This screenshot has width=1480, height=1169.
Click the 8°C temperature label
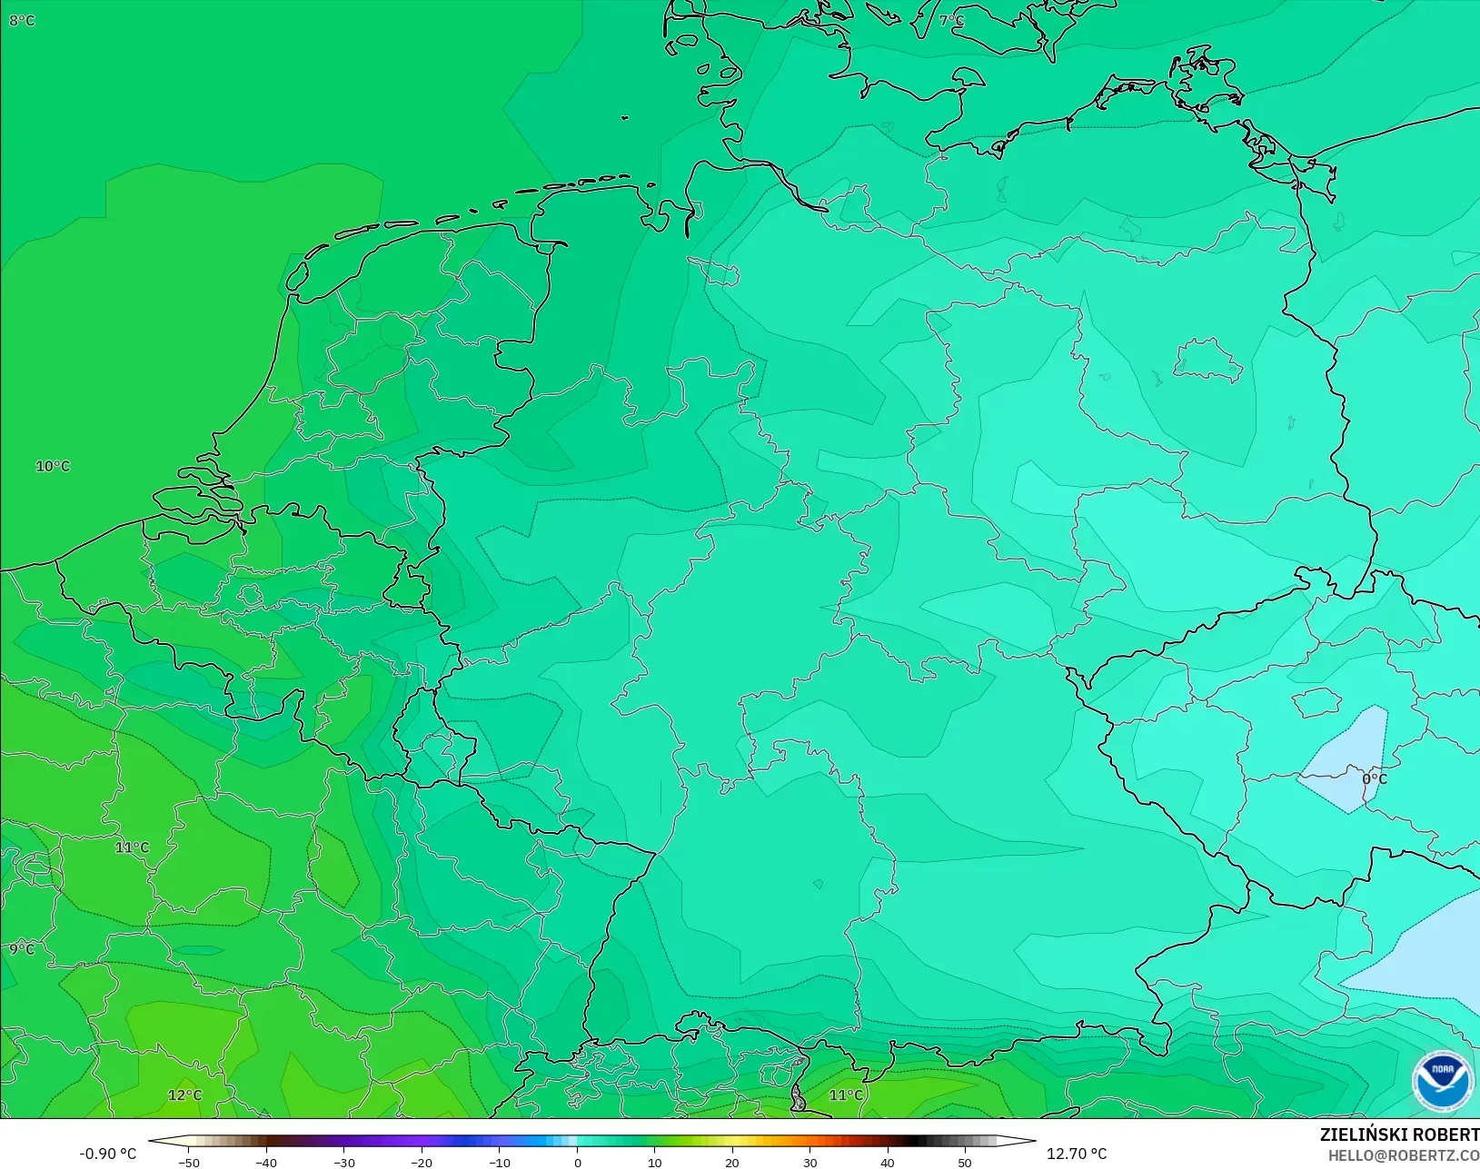[22, 20]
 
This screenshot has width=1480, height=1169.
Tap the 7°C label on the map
[951, 20]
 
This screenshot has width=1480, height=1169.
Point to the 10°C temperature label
[53, 466]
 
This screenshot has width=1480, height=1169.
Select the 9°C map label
[22, 949]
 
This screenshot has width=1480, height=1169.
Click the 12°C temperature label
[185, 1095]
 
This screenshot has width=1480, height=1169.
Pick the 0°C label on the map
[1374, 779]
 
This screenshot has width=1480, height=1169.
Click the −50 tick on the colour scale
[189, 1162]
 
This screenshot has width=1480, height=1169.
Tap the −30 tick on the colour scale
[344, 1162]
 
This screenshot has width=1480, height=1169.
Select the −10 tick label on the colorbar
[500, 1162]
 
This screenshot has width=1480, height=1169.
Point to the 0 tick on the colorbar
[578, 1162]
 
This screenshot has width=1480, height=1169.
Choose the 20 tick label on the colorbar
[732, 1162]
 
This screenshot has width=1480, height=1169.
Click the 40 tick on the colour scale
[888, 1162]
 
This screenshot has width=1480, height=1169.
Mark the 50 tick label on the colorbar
[965, 1162]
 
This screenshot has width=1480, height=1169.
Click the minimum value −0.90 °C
[107, 1154]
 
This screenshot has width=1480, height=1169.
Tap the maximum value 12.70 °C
[1077, 1154]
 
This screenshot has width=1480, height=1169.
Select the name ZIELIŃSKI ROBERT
[1399, 1135]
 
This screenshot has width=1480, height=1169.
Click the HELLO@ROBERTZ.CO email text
[1404, 1155]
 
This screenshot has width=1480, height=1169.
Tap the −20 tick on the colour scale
[422, 1162]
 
